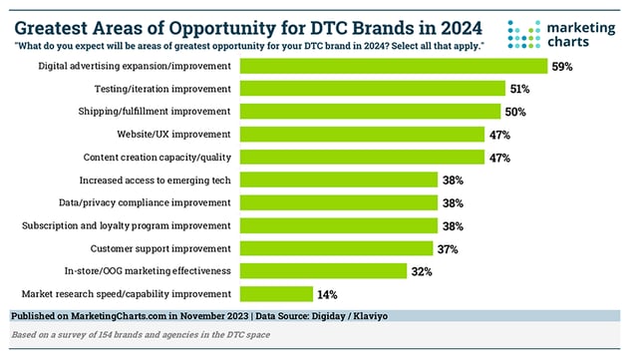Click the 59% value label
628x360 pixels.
[x=564, y=67]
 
